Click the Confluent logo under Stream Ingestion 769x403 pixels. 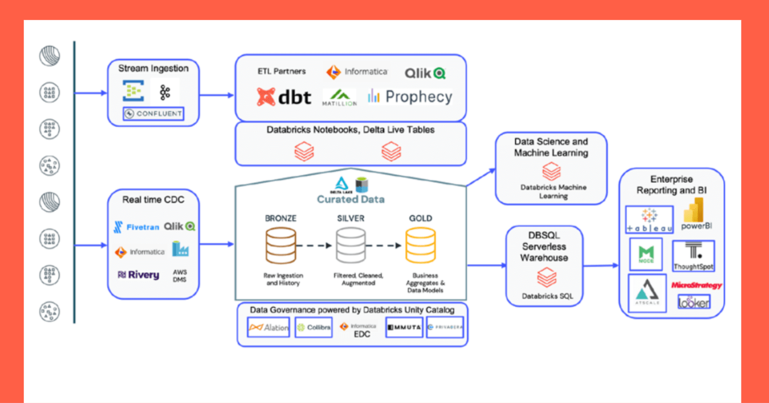[153, 114]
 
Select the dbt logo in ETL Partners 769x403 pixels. [284, 97]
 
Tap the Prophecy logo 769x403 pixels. [410, 97]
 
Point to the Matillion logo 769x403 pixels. [339, 97]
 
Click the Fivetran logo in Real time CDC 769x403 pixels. [136, 227]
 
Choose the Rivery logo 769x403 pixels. [138, 275]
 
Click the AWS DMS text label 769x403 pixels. [180, 275]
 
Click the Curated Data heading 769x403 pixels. [350, 199]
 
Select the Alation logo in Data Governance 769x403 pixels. [269, 327]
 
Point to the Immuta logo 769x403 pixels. [404, 327]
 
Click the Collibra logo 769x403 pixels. [314, 327]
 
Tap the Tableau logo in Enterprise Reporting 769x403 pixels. [650, 221]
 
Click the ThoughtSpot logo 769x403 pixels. [693, 256]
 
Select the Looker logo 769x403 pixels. [694, 302]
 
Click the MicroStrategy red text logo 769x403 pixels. [697, 286]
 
